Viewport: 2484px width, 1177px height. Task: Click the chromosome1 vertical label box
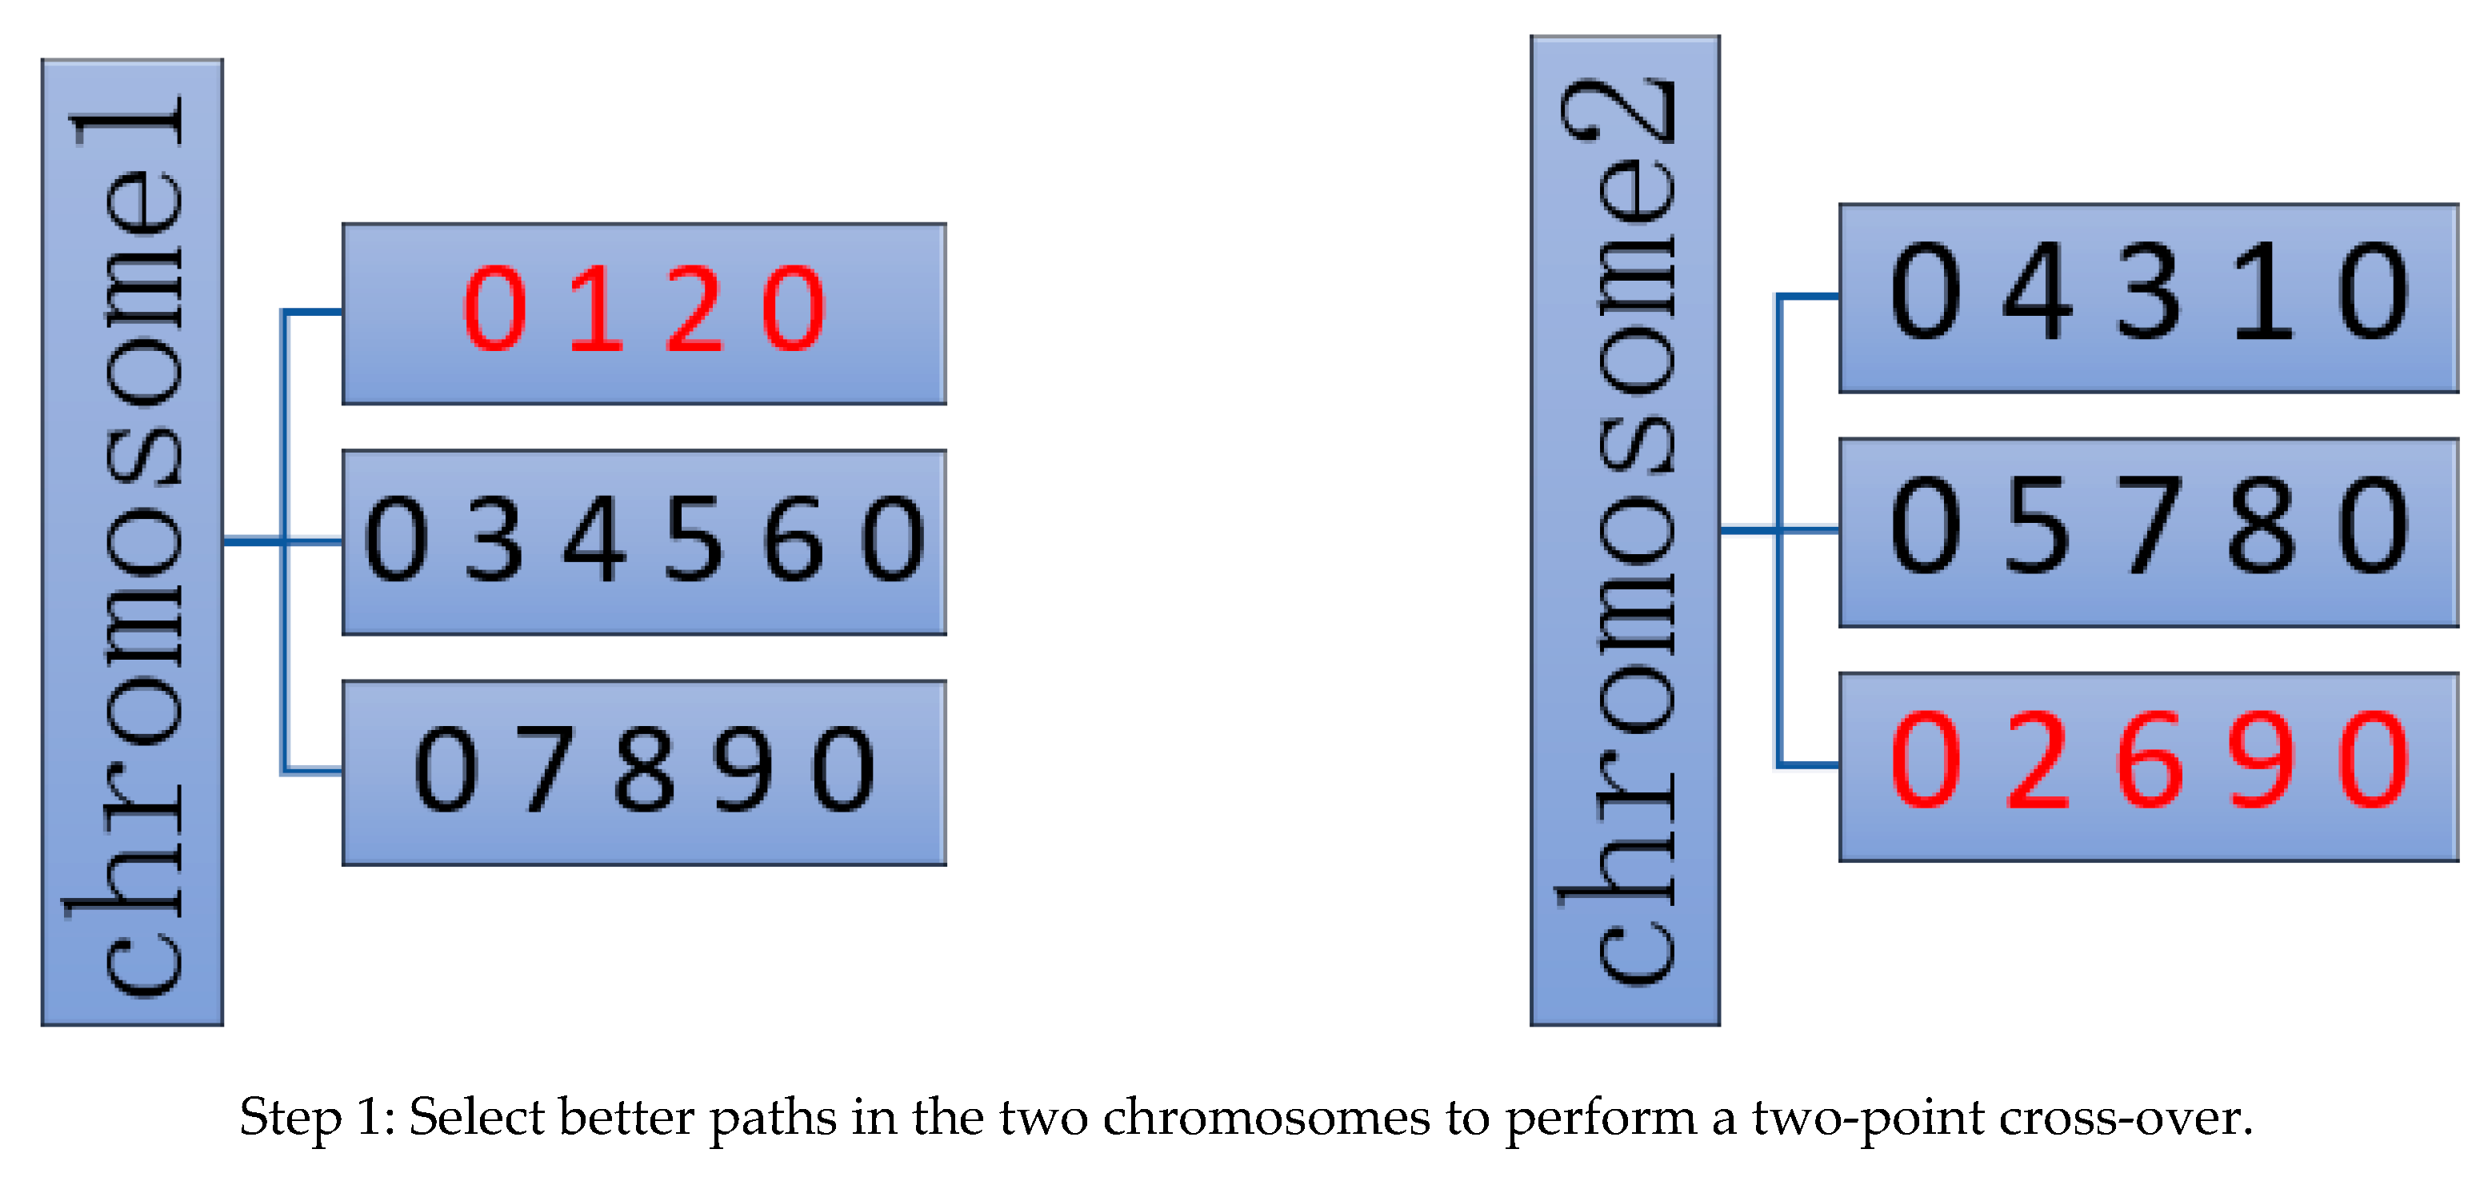pyautogui.click(x=132, y=542)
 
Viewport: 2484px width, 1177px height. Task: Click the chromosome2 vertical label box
pyautogui.click(x=1624, y=530)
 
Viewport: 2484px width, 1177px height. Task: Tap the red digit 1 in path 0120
pyautogui.click(x=596, y=309)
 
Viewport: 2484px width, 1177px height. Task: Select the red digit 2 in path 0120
pyautogui.click(x=694, y=309)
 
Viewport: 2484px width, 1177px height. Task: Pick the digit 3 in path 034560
pyautogui.click(x=494, y=539)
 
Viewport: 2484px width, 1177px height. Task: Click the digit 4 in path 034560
pyautogui.click(x=595, y=539)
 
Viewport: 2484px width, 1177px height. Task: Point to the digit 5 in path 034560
pyautogui.click(x=694, y=539)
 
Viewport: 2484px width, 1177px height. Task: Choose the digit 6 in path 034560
pyautogui.click(x=793, y=539)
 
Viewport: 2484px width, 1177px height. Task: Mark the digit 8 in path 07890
pyautogui.click(x=644, y=769)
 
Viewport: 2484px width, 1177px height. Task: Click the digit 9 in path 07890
pyautogui.click(x=743, y=769)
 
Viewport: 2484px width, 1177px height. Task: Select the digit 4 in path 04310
pyautogui.click(x=2038, y=291)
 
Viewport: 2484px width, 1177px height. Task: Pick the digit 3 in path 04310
pyautogui.click(x=2150, y=291)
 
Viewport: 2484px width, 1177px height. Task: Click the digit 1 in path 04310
pyautogui.click(x=2262, y=291)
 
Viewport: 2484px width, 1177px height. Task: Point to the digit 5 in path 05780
pyautogui.click(x=2038, y=526)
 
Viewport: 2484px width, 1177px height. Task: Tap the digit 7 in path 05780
pyautogui.click(x=2150, y=526)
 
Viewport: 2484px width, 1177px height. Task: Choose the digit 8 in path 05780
pyautogui.click(x=2262, y=526)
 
